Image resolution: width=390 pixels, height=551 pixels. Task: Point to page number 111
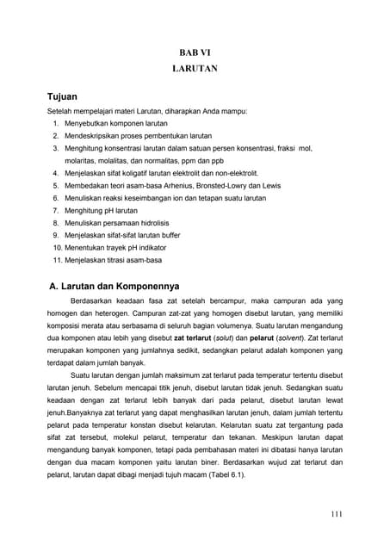(x=336, y=515)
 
